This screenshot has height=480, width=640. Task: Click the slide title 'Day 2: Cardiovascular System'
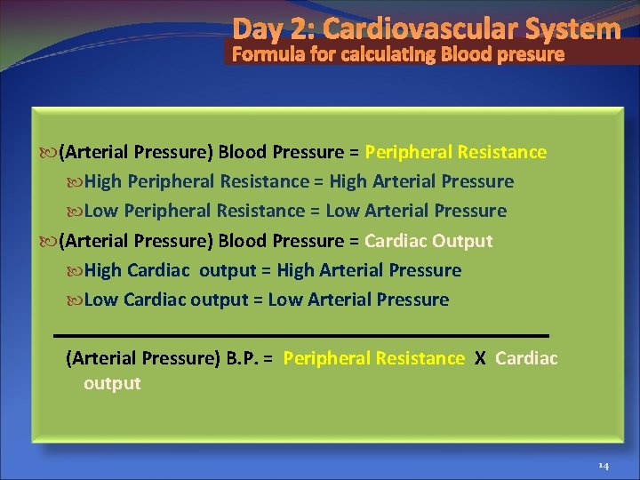click(x=427, y=29)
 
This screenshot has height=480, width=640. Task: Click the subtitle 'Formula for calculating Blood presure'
click(x=398, y=55)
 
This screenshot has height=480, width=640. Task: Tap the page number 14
click(x=603, y=466)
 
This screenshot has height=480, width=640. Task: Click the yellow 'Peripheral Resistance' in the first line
click(x=455, y=152)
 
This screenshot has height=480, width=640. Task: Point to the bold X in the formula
click(x=480, y=358)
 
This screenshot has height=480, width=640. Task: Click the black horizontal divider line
click(x=301, y=335)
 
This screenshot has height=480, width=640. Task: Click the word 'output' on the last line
click(x=112, y=383)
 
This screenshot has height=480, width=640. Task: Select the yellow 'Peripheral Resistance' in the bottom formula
click(x=373, y=358)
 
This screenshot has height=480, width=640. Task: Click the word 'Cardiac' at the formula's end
click(x=526, y=358)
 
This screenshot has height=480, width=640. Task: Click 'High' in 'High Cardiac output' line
click(x=104, y=270)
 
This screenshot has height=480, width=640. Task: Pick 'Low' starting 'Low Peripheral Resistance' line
click(x=102, y=212)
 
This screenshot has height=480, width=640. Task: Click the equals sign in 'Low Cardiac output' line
click(x=258, y=300)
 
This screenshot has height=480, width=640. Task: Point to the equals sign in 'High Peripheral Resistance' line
click(x=318, y=182)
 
